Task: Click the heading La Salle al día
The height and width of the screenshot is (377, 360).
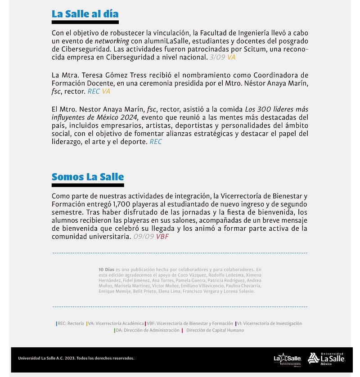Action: click(x=85, y=13)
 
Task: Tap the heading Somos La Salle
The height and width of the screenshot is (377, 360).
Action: click(x=88, y=177)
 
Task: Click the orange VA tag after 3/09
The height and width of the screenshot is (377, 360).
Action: click(x=231, y=57)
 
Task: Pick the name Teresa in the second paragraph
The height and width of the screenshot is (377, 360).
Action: click(x=95, y=75)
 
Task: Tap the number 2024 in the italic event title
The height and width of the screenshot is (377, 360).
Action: click(x=129, y=117)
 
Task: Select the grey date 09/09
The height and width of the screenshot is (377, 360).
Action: click(x=144, y=236)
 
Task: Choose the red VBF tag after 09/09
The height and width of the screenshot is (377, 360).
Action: click(x=162, y=236)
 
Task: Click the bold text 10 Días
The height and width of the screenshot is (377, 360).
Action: click(x=106, y=269)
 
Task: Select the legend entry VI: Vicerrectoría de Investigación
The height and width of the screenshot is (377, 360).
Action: click(x=269, y=323)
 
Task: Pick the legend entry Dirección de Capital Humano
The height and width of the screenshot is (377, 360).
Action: click(x=215, y=330)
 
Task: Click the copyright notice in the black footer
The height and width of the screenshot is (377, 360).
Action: click(x=76, y=359)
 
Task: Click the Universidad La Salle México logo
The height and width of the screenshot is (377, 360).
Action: click(x=326, y=358)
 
